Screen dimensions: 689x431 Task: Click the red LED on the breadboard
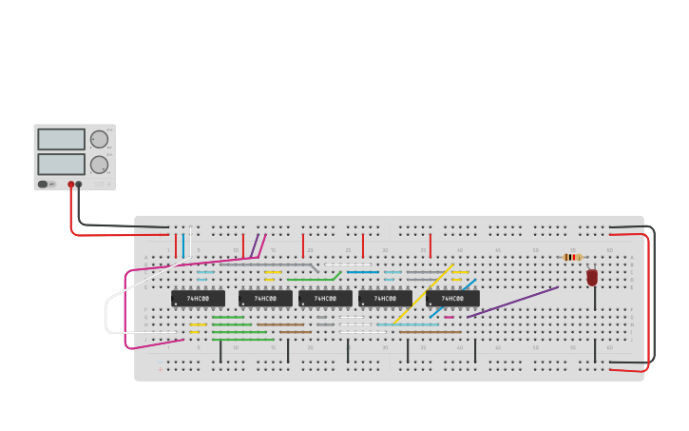click(x=592, y=277)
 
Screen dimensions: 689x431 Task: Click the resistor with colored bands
click(x=572, y=257)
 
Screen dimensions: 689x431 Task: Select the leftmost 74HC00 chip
click(x=198, y=299)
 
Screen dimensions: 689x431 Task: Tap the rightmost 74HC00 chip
click(x=452, y=299)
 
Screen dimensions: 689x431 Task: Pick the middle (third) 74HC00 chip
click(x=325, y=299)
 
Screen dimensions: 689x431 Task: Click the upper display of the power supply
click(x=61, y=139)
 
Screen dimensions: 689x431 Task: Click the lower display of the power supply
click(x=61, y=164)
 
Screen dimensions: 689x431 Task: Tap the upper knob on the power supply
click(x=99, y=139)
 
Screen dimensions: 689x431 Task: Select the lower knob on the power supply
click(x=99, y=164)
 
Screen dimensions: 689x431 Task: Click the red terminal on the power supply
click(x=70, y=185)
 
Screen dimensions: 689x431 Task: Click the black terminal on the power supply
click(x=79, y=185)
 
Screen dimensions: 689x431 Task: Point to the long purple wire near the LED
click(x=513, y=302)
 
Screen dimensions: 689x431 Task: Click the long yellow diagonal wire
click(x=423, y=293)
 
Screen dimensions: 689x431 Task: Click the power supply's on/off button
click(x=44, y=184)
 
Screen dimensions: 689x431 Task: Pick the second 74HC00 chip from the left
click(x=265, y=299)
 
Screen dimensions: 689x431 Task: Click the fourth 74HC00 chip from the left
click(x=385, y=299)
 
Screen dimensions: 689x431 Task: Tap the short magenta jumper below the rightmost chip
click(x=450, y=317)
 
